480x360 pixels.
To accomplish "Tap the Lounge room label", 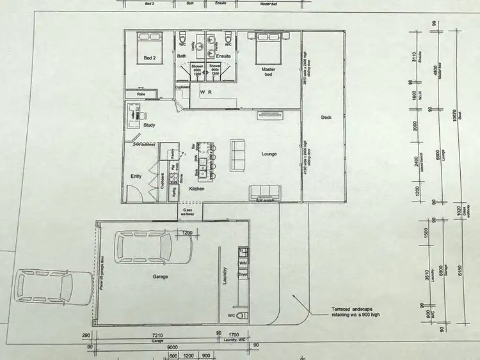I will [268, 154].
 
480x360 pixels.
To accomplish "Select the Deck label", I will [326, 118].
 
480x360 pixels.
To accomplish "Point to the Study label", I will [150, 125].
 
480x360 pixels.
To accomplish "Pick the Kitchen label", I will [196, 189].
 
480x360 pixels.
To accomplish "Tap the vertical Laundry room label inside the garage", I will [225, 279].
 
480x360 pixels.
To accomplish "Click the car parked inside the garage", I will [145, 249].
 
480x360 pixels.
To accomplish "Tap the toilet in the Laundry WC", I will [241, 316].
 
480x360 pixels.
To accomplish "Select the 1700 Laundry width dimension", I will [233, 334].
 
